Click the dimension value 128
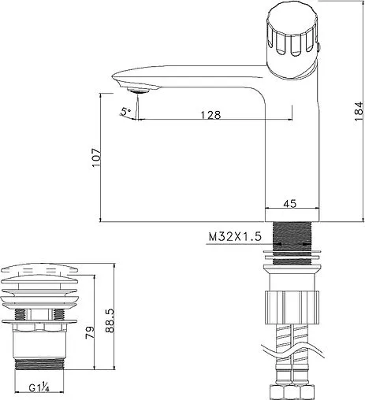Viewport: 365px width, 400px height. pyautogui.click(x=209, y=114)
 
